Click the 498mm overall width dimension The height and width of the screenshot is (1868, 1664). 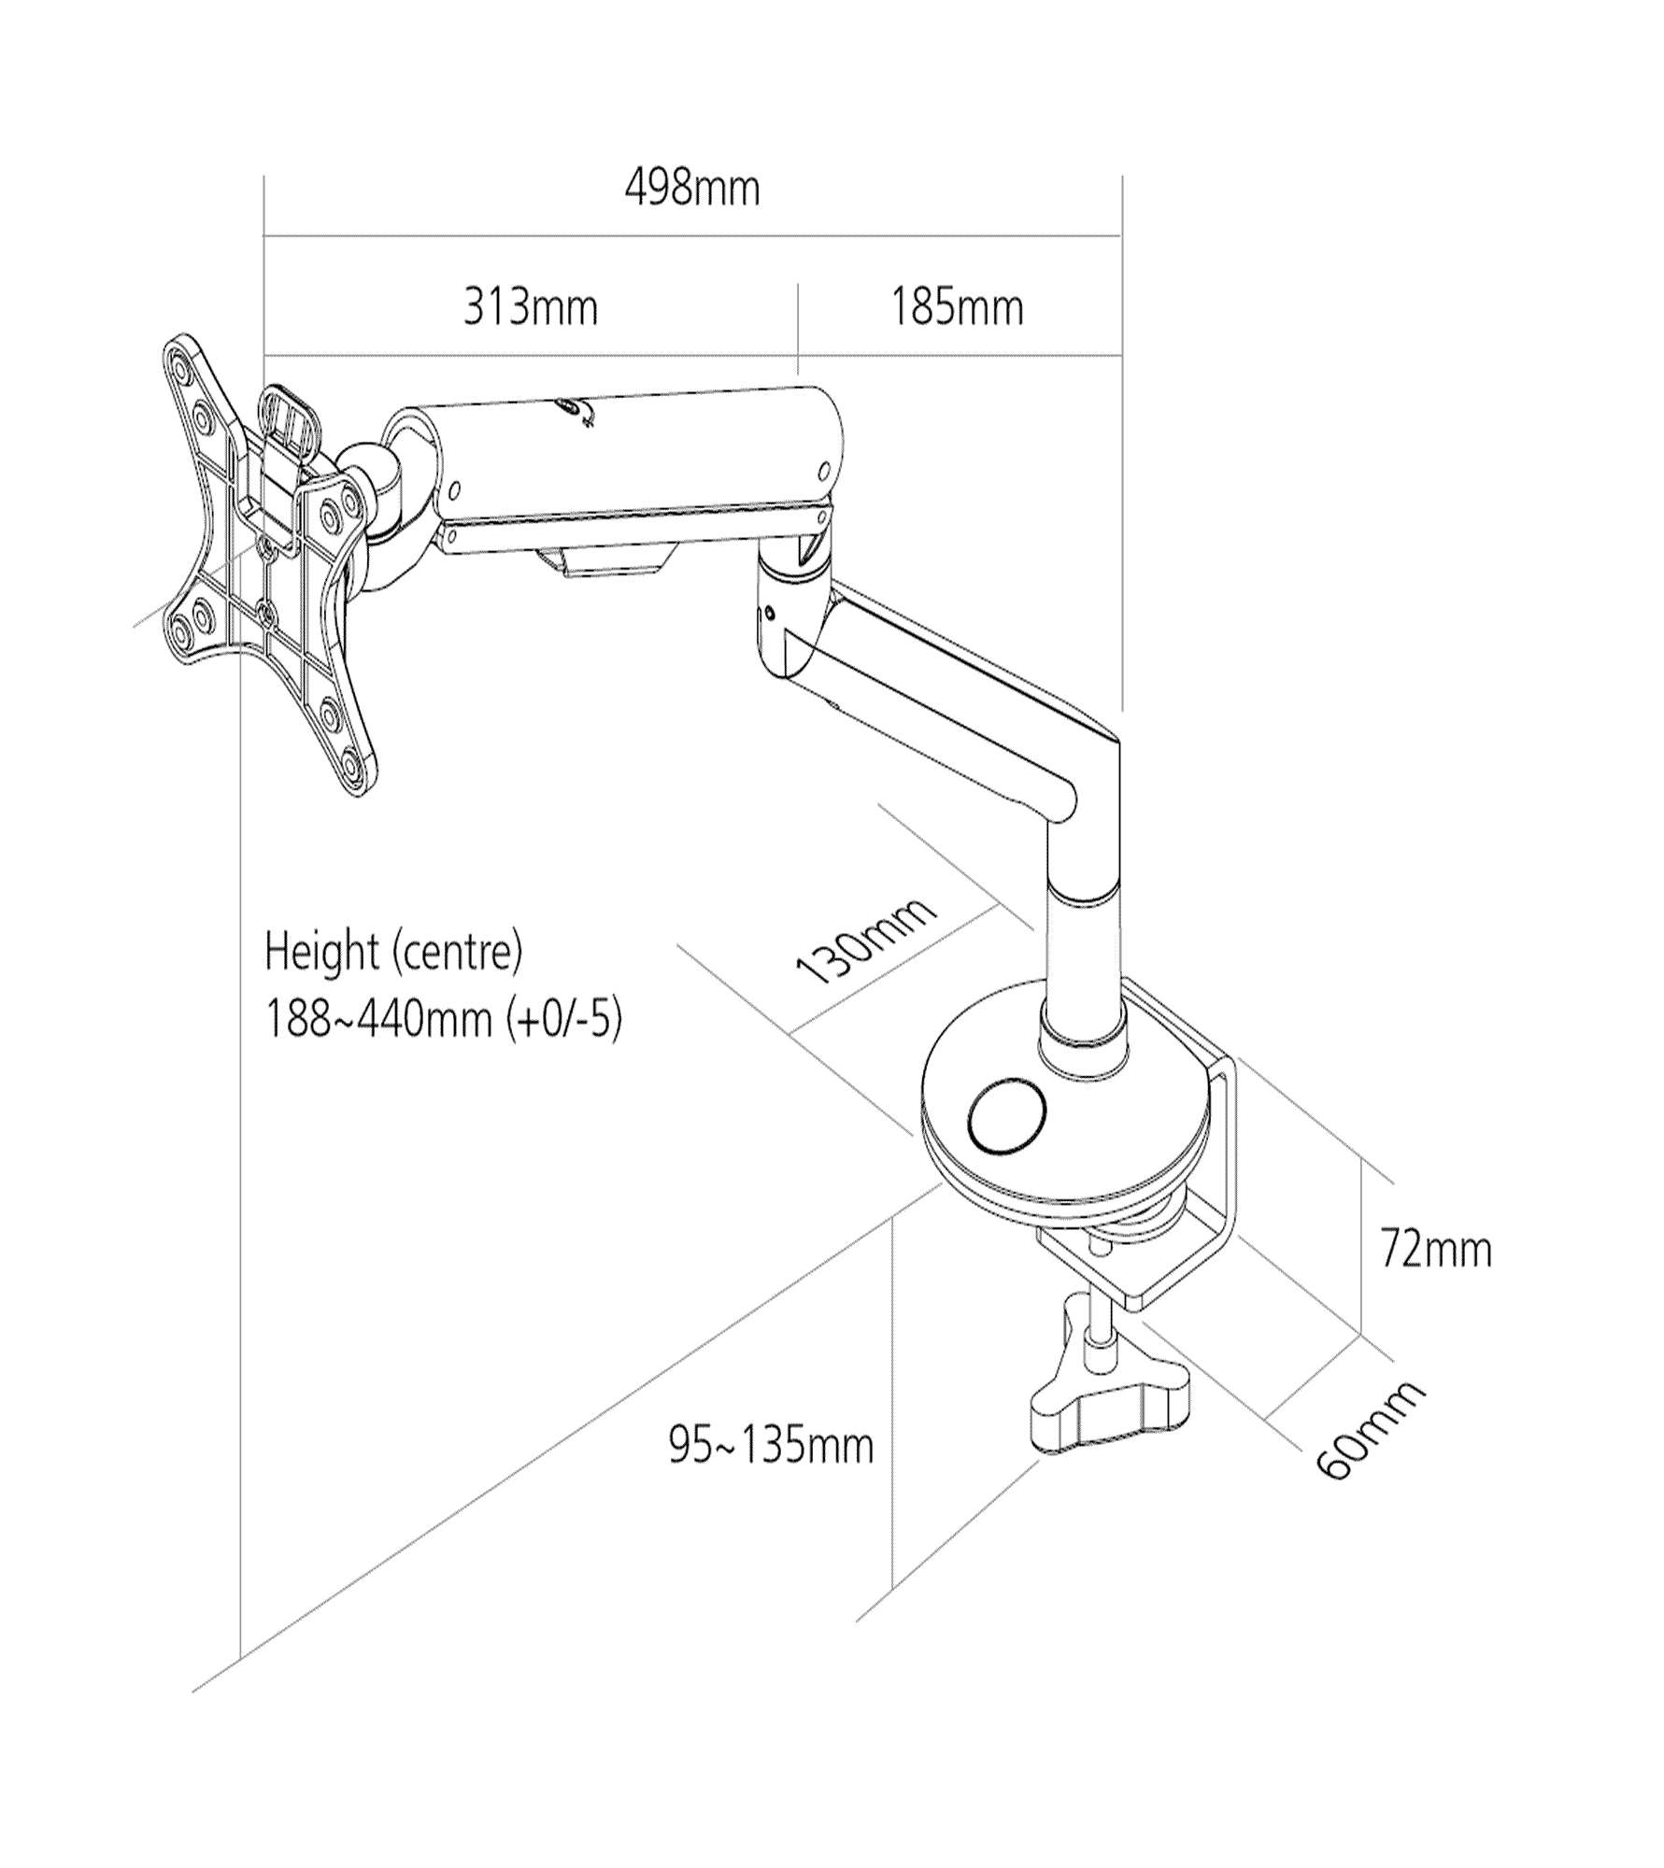pyautogui.click(x=692, y=190)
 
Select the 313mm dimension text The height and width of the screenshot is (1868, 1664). pyautogui.click(x=531, y=308)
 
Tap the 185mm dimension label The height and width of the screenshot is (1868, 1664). pyautogui.click(x=957, y=308)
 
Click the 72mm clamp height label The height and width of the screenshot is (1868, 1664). pyautogui.click(x=1436, y=1250)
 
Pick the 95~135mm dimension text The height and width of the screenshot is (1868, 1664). pyautogui.click(x=771, y=1446)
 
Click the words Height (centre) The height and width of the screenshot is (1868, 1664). pyautogui.click(x=393, y=952)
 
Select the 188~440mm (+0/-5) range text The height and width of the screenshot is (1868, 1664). pyautogui.click(x=444, y=1019)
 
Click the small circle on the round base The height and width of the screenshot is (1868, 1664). pyautogui.click(x=1007, y=1116)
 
